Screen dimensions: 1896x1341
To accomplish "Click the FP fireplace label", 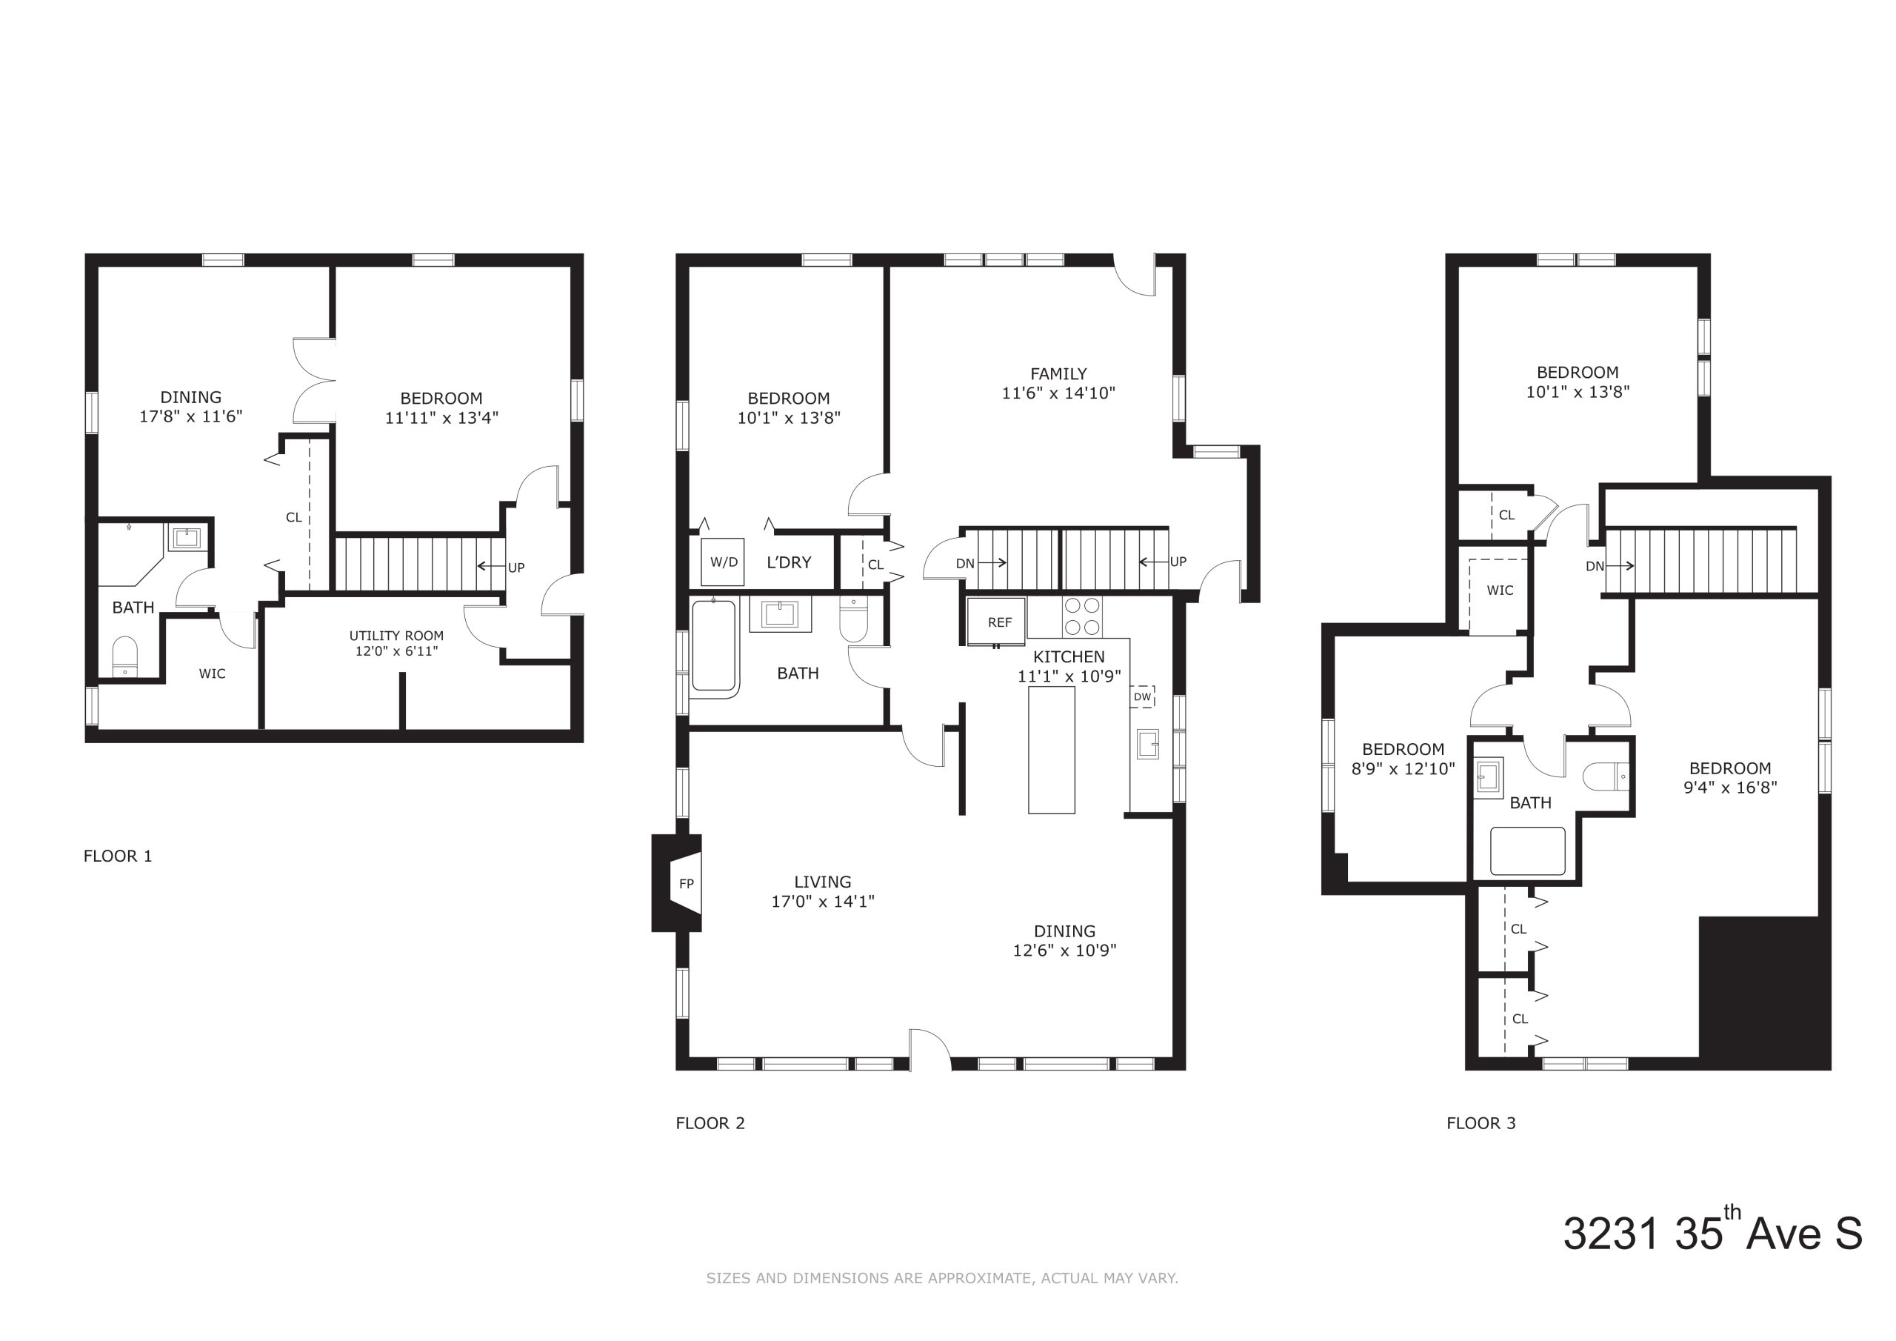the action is point(687,883).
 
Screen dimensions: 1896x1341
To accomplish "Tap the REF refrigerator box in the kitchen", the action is point(997,622).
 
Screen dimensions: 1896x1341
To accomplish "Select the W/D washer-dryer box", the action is point(724,562).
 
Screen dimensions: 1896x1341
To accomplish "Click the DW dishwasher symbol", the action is point(1142,696).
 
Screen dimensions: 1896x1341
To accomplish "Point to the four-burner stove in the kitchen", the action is point(1082,616).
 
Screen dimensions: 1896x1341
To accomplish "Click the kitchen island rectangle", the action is point(1051,750).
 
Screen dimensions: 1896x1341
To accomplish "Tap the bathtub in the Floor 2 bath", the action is point(714,646).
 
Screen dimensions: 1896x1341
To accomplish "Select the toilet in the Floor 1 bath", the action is point(124,656).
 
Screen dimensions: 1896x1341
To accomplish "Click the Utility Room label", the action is point(396,636).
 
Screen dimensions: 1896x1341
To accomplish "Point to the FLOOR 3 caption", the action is point(1481,1123).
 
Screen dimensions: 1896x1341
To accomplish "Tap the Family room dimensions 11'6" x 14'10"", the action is point(1058,393).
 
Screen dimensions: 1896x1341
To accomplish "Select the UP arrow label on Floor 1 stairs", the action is point(516,568).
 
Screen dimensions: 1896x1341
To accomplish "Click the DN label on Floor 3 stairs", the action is point(1595,566).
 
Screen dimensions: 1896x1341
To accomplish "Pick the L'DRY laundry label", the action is point(789,562).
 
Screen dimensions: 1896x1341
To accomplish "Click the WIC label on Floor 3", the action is point(1500,590).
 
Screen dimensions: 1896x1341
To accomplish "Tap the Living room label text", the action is point(823,882).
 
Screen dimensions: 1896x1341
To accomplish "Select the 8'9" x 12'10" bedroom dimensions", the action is point(1403,768).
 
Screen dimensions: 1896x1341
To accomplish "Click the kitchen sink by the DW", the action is point(1147,744).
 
